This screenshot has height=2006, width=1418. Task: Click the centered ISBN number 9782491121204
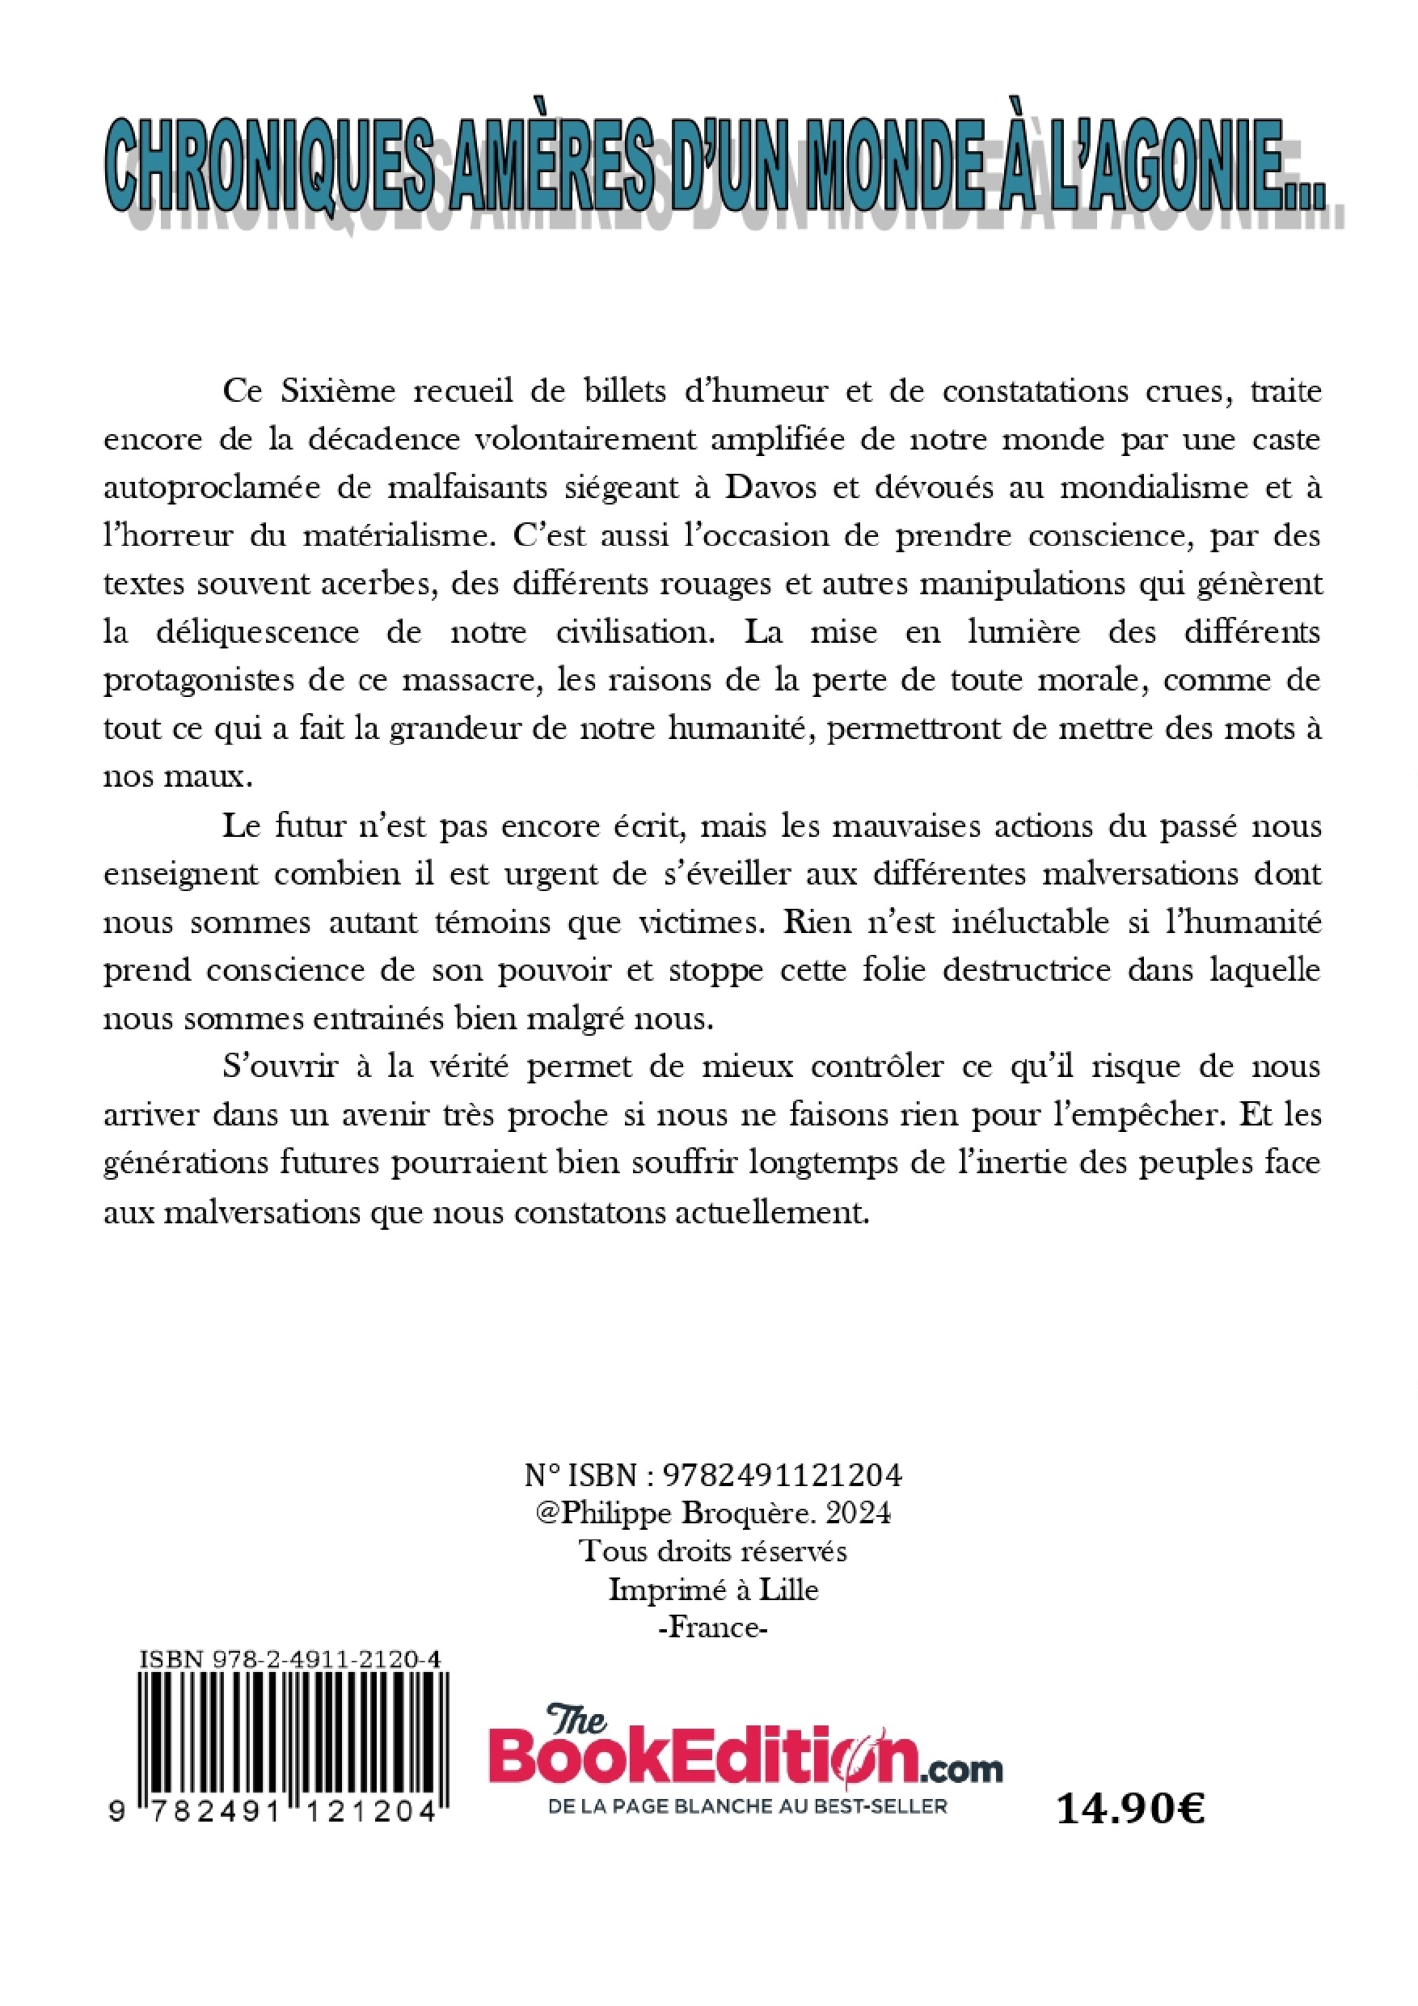tap(783, 1476)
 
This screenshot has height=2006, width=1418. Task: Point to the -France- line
tap(712, 1628)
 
